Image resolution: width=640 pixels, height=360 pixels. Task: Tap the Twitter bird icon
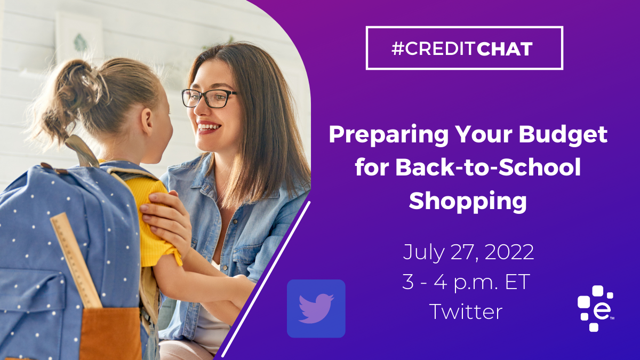(316, 309)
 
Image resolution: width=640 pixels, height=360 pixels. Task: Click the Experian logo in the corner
(595, 309)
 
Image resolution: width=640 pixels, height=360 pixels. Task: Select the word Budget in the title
(563, 135)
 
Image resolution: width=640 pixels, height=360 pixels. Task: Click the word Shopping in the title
(468, 202)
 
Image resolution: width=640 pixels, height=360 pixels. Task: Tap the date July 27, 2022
(468, 252)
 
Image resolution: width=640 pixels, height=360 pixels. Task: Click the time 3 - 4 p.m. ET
(466, 282)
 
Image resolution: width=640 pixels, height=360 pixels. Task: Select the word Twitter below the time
(466, 311)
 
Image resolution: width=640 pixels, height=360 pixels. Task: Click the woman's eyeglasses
(209, 98)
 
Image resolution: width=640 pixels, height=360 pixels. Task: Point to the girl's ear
(147, 122)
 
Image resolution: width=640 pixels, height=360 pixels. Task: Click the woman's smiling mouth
(209, 127)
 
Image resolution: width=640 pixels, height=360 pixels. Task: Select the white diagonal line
(266, 279)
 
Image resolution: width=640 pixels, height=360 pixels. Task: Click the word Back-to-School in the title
(468, 167)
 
